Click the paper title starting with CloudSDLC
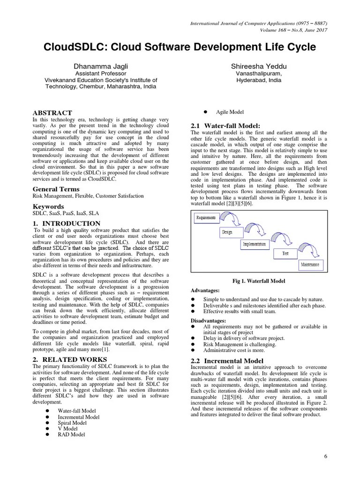(x=180, y=47)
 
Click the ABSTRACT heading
(x=52, y=113)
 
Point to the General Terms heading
(x=53, y=189)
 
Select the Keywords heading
(x=48, y=206)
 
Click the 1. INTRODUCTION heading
(x=66, y=224)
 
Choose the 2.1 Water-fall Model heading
(x=225, y=126)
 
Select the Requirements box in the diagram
(x=206, y=218)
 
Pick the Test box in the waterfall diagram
(x=285, y=254)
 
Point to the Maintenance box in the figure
(x=310, y=265)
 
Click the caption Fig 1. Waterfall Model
(x=259, y=281)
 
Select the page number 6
(x=325, y=457)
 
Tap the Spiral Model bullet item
(x=72, y=423)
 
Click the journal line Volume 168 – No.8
(x=293, y=30)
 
